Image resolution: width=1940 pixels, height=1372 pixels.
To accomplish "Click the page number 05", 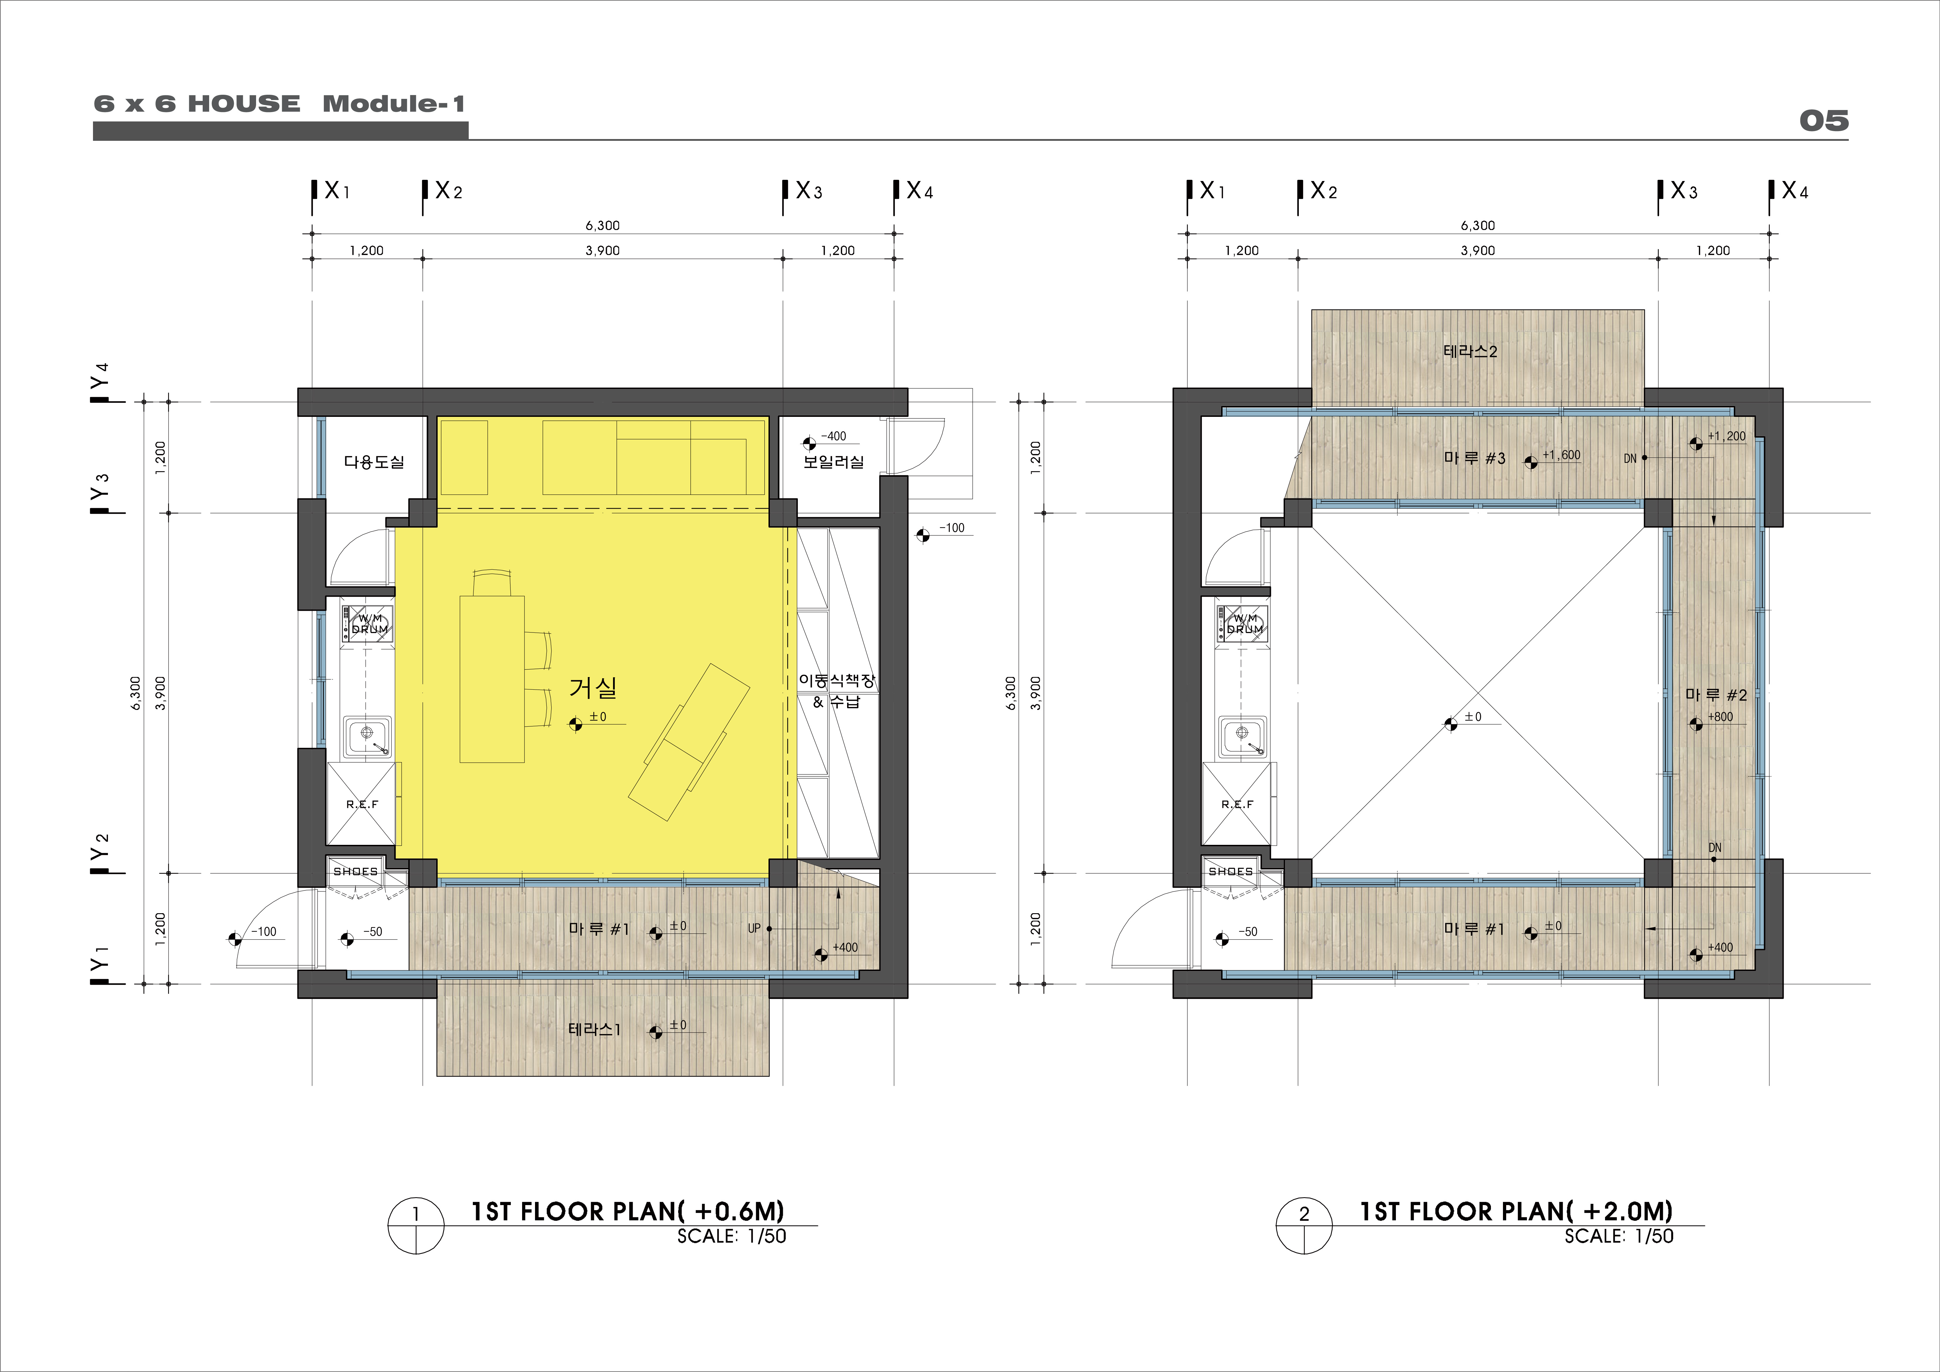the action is coord(1823,121).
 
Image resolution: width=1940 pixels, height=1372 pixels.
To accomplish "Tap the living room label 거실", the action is coord(593,688).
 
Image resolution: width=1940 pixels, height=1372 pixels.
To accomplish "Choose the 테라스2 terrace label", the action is coord(1470,351).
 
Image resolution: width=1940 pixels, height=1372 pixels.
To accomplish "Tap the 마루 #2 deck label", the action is coord(1716,694).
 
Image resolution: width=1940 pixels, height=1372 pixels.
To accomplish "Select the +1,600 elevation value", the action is coord(1561,454).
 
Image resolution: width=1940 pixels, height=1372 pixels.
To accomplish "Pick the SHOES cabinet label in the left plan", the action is coord(356,871).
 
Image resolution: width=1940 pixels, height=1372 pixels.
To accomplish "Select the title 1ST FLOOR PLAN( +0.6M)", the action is coord(628,1212).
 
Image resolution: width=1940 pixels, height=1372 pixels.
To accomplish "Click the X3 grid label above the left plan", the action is coord(809,191).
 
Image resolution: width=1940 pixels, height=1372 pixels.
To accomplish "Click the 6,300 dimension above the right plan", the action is coord(1478,226).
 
